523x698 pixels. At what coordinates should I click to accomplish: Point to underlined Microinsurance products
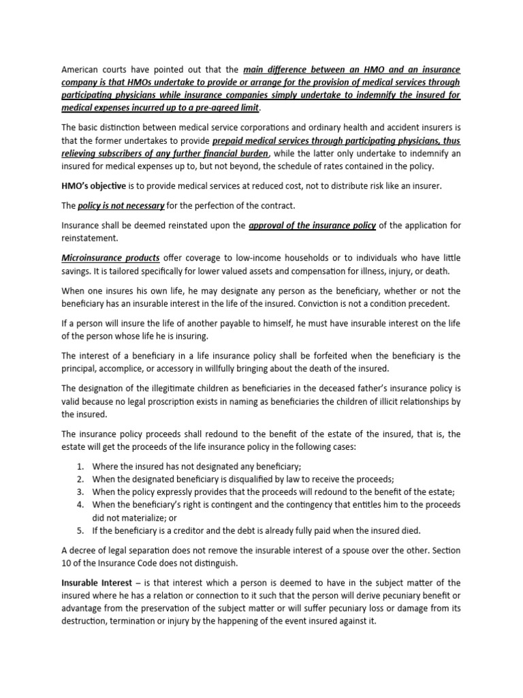click(x=111, y=258)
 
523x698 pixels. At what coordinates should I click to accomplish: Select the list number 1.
click(x=80, y=466)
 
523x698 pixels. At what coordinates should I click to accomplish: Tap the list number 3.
click(x=80, y=491)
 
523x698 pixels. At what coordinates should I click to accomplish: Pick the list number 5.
click(x=80, y=530)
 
